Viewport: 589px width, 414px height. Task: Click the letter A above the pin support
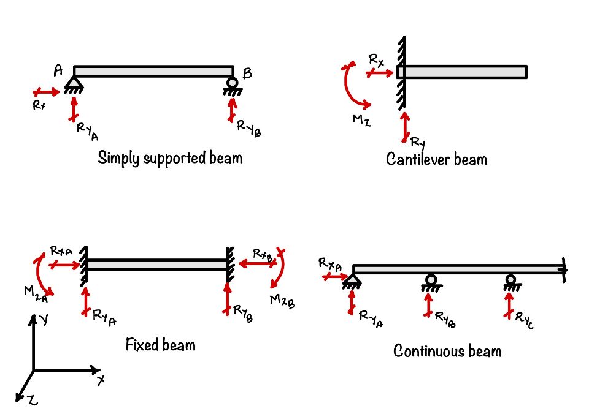point(58,72)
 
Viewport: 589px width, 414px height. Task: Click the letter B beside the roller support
point(247,74)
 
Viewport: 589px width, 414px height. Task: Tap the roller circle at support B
point(232,83)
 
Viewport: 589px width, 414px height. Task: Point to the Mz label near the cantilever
point(361,120)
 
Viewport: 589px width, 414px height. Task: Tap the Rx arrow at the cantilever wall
point(380,73)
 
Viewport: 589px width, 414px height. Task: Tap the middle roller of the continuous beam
point(431,280)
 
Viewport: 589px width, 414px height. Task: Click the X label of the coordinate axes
point(101,381)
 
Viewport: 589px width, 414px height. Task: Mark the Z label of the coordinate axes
point(33,400)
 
